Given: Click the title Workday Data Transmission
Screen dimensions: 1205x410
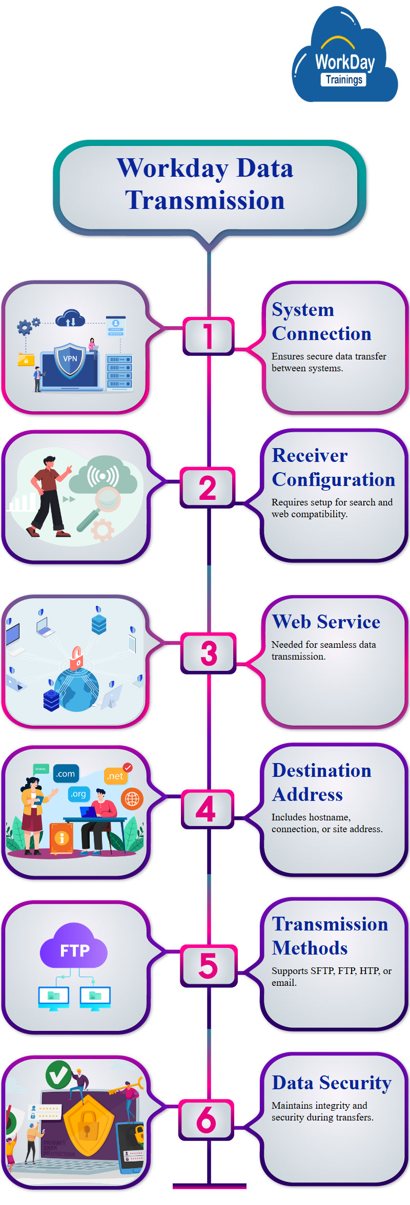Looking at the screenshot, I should click(205, 184).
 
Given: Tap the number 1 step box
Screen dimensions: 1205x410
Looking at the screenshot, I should click(208, 336).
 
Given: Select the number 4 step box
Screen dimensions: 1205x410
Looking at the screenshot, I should click(207, 809).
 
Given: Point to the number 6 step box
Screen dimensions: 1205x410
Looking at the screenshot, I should click(207, 1119).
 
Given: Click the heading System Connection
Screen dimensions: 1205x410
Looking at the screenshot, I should click(321, 322).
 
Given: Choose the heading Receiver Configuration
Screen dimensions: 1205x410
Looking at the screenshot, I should click(333, 467).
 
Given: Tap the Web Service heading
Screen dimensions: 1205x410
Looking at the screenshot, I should click(326, 622).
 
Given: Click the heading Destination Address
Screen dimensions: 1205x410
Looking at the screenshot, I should click(321, 783).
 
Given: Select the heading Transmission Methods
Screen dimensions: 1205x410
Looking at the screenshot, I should click(330, 936).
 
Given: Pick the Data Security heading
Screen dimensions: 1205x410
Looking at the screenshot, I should click(332, 1083).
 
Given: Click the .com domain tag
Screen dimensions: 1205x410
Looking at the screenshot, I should click(66, 774).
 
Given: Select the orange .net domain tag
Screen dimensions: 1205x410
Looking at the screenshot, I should click(115, 776).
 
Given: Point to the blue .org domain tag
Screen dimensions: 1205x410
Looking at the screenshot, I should click(78, 794).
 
